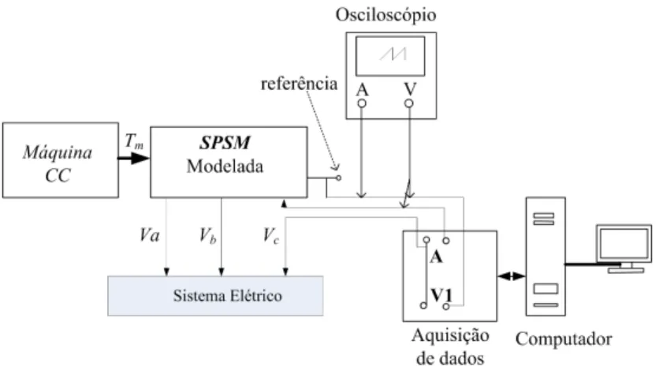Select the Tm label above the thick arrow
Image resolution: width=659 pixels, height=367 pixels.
point(134,141)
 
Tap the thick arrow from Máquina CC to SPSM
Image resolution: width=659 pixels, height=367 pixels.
point(134,159)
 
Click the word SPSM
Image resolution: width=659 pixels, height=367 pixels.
point(225,143)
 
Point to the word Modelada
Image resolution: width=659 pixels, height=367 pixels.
point(225,167)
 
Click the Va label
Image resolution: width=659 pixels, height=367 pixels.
point(150,235)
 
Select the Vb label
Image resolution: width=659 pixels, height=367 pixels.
point(208,236)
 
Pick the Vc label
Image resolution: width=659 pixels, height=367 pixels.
point(271,236)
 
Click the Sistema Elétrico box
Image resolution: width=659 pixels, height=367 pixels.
point(216,296)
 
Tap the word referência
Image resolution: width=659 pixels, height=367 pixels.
point(300,84)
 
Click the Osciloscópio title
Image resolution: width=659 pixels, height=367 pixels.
point(385,15)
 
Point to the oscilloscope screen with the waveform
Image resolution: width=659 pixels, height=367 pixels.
point(390,56)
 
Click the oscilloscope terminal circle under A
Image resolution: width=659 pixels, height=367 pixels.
point(362,103)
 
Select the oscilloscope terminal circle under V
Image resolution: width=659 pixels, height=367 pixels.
point(409,103)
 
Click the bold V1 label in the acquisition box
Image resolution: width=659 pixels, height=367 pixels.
point(441,295)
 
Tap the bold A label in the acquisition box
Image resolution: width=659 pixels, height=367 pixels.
point(436,257)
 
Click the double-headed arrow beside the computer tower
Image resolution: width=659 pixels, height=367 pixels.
point(512,276)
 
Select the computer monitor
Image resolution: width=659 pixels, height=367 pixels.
point(624,249)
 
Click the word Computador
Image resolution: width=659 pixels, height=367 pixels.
point(564,339)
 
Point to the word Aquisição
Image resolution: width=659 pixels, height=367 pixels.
point(451,336)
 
